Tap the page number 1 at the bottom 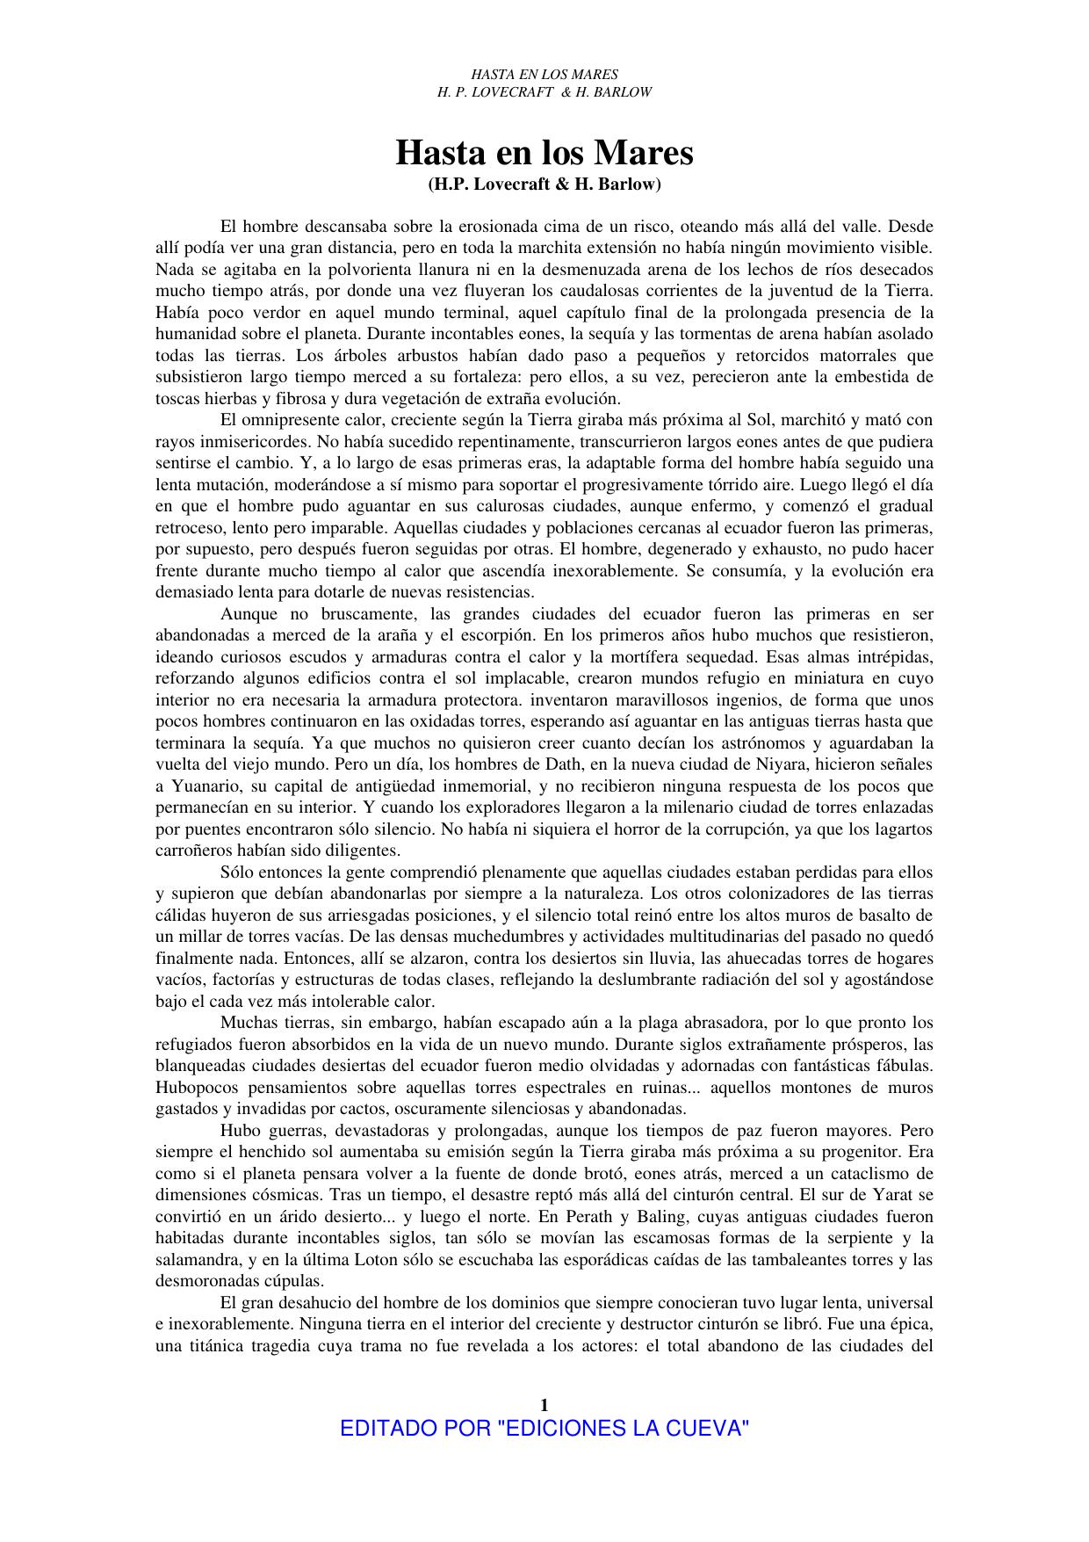(x=544, y=1403)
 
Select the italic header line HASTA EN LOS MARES (x=544, y=75)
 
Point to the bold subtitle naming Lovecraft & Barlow (x=544, y=185)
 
